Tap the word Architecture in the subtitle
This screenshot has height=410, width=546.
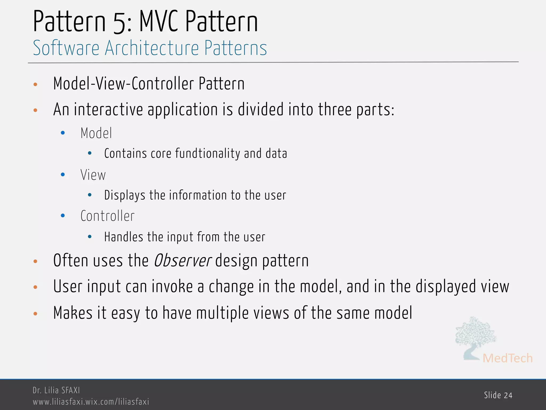(x=152, y=48)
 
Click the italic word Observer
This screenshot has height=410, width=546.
(x=183, y=261)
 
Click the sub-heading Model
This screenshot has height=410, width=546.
(x=96, y=133)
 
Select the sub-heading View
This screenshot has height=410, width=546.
(x=93, y=175)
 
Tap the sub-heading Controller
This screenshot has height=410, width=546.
(x=107, y=216)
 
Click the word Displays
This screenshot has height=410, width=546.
(x=125, y=195)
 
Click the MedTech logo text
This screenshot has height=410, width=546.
(x=507, y=358)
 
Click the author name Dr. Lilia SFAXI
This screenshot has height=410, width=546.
(x=56, y=390)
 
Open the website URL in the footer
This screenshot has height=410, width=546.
(x=91, y=402)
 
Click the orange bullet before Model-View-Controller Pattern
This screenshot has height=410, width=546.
(x=35, y=85)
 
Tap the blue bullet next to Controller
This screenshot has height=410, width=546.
(x=63, y=216)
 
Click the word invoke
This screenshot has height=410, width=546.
(x=172, y=286)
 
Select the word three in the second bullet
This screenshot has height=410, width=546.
(x=335, y=109)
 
